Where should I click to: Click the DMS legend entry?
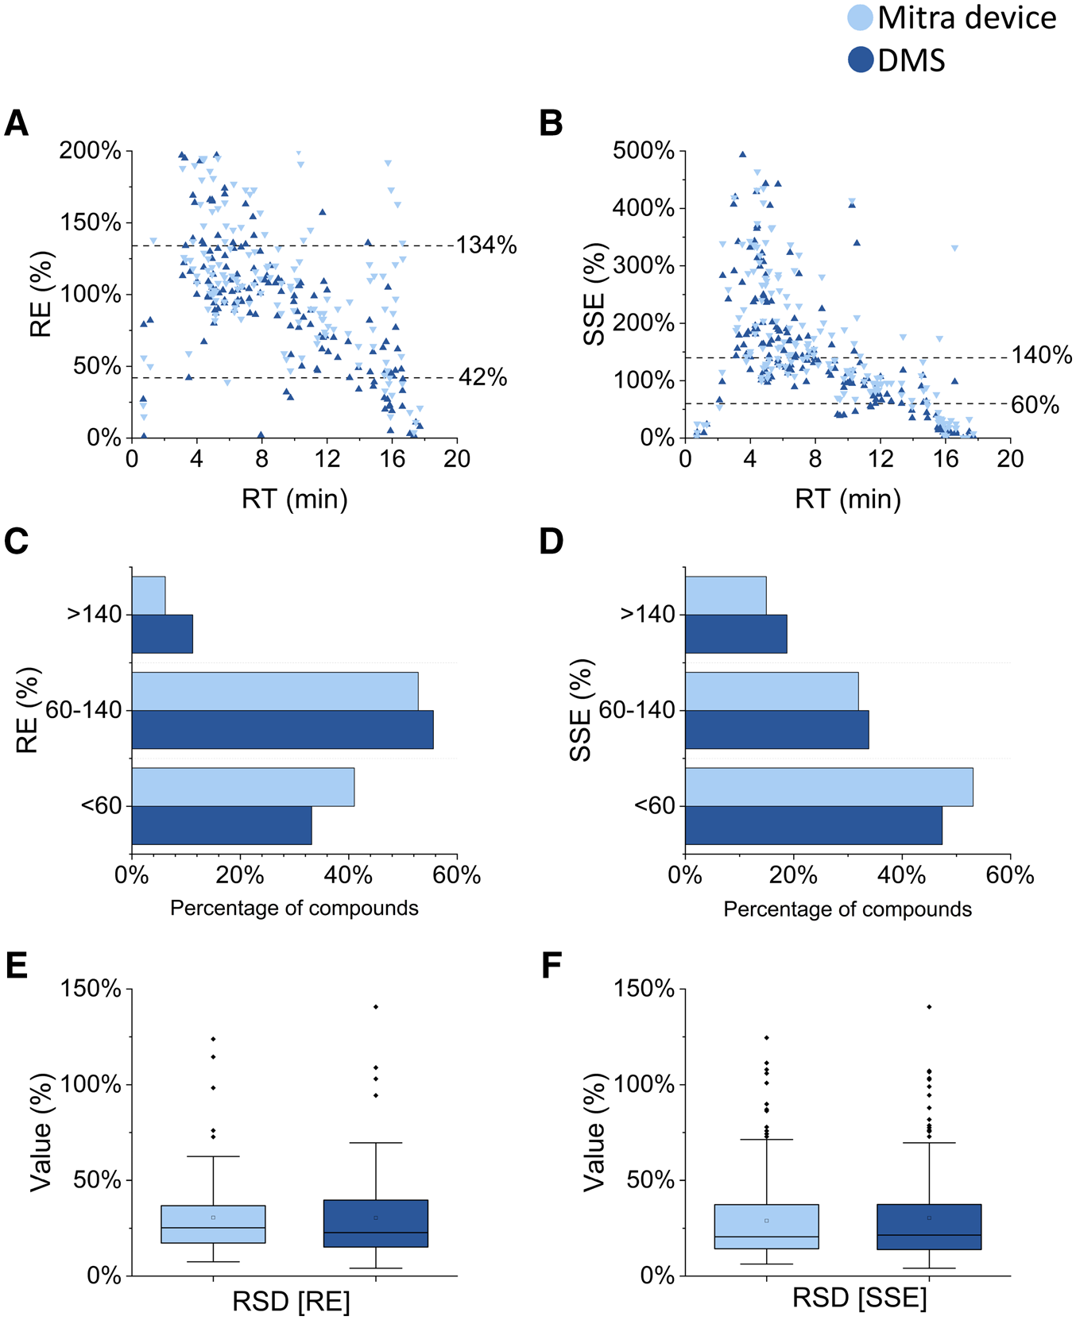coord(898,60)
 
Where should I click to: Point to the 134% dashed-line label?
coord(486,245)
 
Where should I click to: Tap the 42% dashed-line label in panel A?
coord(482,377)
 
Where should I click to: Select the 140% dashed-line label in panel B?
coord(1041,355)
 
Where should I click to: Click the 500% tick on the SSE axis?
coord(643,150)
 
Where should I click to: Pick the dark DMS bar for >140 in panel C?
coord(162,634)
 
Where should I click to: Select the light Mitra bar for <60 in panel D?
coord(829,787)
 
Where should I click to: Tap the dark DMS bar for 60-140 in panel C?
coord(282,730)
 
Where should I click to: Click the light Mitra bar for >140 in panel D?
coord(726,596)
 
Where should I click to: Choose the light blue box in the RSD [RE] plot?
coord(213,1224)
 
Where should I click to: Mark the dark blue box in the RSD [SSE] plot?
coord(929,1227)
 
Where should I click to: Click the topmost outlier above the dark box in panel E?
coord(376,1007)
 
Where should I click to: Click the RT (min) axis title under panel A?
coord(295,499)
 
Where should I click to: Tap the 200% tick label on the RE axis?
coord(90,150)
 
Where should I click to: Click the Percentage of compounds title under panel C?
coord(294,908)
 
